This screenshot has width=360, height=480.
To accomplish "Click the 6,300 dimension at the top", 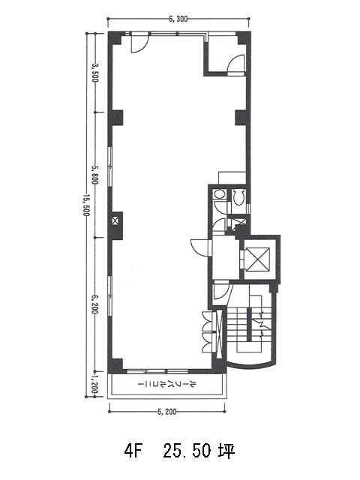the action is (x=178, y=19).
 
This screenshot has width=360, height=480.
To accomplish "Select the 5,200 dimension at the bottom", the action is (x=167, y=412).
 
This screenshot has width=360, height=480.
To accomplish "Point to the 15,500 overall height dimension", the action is (x=86, y=205).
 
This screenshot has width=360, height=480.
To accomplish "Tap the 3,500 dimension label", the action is (x=96, y=73).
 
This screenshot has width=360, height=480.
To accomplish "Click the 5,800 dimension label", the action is (x=96, y=175).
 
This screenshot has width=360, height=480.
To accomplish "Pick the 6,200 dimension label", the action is (x=96, y=304).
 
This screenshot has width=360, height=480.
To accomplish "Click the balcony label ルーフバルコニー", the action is (x=167, y=384).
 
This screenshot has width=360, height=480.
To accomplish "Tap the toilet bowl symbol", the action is (x=238, y=196).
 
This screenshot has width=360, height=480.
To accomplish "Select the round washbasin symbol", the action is (x=219, y=194).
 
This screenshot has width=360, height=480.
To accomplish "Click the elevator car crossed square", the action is (x=258, y=259).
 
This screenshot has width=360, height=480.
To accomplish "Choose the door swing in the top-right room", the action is (x=236, y=64).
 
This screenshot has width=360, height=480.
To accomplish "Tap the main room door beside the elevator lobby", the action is (x=200, y=247).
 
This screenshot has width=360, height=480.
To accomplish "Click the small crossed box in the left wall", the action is (x=115, y=220).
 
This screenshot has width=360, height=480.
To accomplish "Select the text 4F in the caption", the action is (x=133, y=451).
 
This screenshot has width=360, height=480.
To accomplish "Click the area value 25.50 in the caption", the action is (x=187, y=451).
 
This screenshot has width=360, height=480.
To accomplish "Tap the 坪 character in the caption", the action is (x=226, y=451).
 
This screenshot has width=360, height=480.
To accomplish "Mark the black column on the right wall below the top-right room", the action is (x=241, y=118).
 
